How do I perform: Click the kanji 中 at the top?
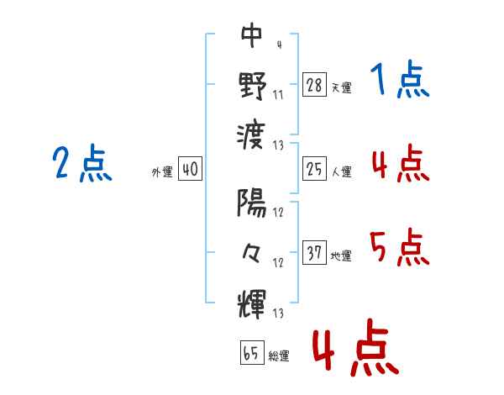click(x=252, y=34)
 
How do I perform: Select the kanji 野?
click(x=252, y=85)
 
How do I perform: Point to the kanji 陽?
click(x=252, y=203)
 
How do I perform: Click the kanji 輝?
click(x=252, y=304)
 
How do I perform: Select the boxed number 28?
click(x=314, y=85)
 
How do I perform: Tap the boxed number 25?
click(x=314, y=169)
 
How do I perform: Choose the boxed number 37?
click(x=314, y=252)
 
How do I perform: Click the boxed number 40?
click(x=191, y=169)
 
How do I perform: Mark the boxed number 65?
click(x=252, y=352)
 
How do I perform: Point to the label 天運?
click(x=342, y=87)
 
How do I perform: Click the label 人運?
click(x=342, y=171)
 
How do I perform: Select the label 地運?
click(x=341, y=255)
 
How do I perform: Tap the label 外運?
click(x=162, y=171)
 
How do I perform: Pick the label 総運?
click(x=279, y=355)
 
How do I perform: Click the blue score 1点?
click(x=400, y=79)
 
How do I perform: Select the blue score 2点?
click(x=82, y=163)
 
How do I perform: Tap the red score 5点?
click(x=400, y=247)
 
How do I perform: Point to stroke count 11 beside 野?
click(x=278, y=95)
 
